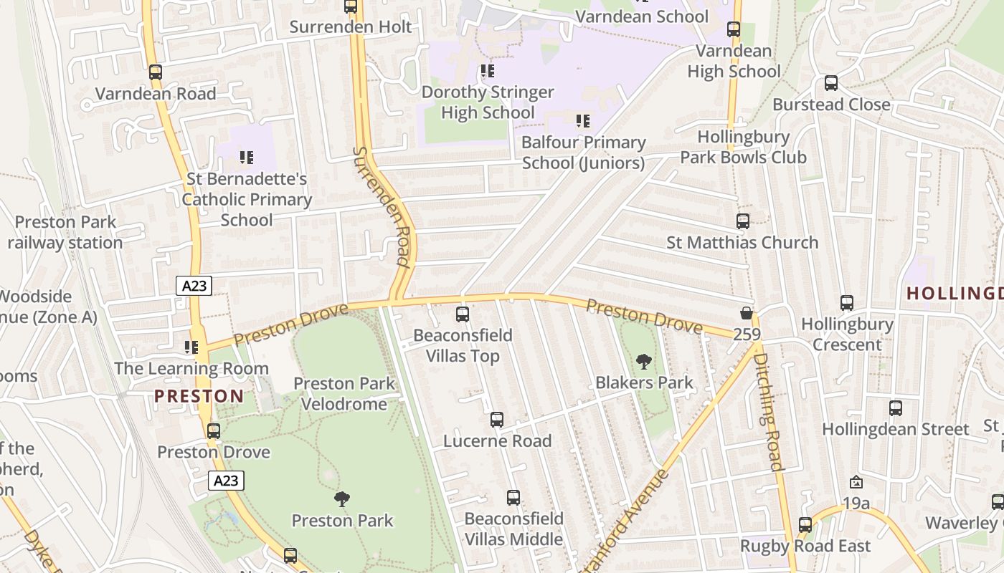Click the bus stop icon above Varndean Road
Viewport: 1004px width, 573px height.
pyautogui.click(x=156, y=72)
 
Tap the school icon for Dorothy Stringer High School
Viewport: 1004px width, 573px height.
pyautogui.click(x=488, y=71)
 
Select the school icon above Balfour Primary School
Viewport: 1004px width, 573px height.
pyautogui.click(x=583, y=121)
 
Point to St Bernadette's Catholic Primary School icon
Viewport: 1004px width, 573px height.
pyautogui.click(x=247, y=157)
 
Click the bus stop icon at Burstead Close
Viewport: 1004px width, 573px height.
pyautogui.click(x=831, y=83)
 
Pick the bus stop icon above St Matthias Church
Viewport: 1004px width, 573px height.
pyautogui.click(x=743, y=221)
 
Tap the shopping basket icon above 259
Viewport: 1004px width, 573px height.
pyautogui.click(x=747, y=314)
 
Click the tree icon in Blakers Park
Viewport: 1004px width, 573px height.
pyautogui.click(x=644, y=362)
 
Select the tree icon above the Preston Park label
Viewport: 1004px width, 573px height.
pyautogui.click(x=342, y=499)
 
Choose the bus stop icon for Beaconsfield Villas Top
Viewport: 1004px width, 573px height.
pyautogui.click(x=463, y=314)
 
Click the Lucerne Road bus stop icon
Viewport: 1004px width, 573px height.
pyautogui.click(x=497, y=420)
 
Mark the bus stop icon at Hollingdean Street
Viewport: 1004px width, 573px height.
pyautogui.click(x=896, y=408)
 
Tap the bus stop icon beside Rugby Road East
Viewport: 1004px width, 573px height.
pyautogui.click(x=805, y=525)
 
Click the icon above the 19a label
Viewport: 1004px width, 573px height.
pyautogui.click(x=856, y=483)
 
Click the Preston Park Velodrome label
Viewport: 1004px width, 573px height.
pyautogui.click(x=344, y=394)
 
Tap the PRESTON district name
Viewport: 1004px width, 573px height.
pyautogui.click(x=199, y=396)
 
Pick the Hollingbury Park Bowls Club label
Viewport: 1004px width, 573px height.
pyautogui.click(x=743, y=147)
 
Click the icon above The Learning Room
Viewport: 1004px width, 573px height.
pyautogui.click(x=191, y=347)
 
